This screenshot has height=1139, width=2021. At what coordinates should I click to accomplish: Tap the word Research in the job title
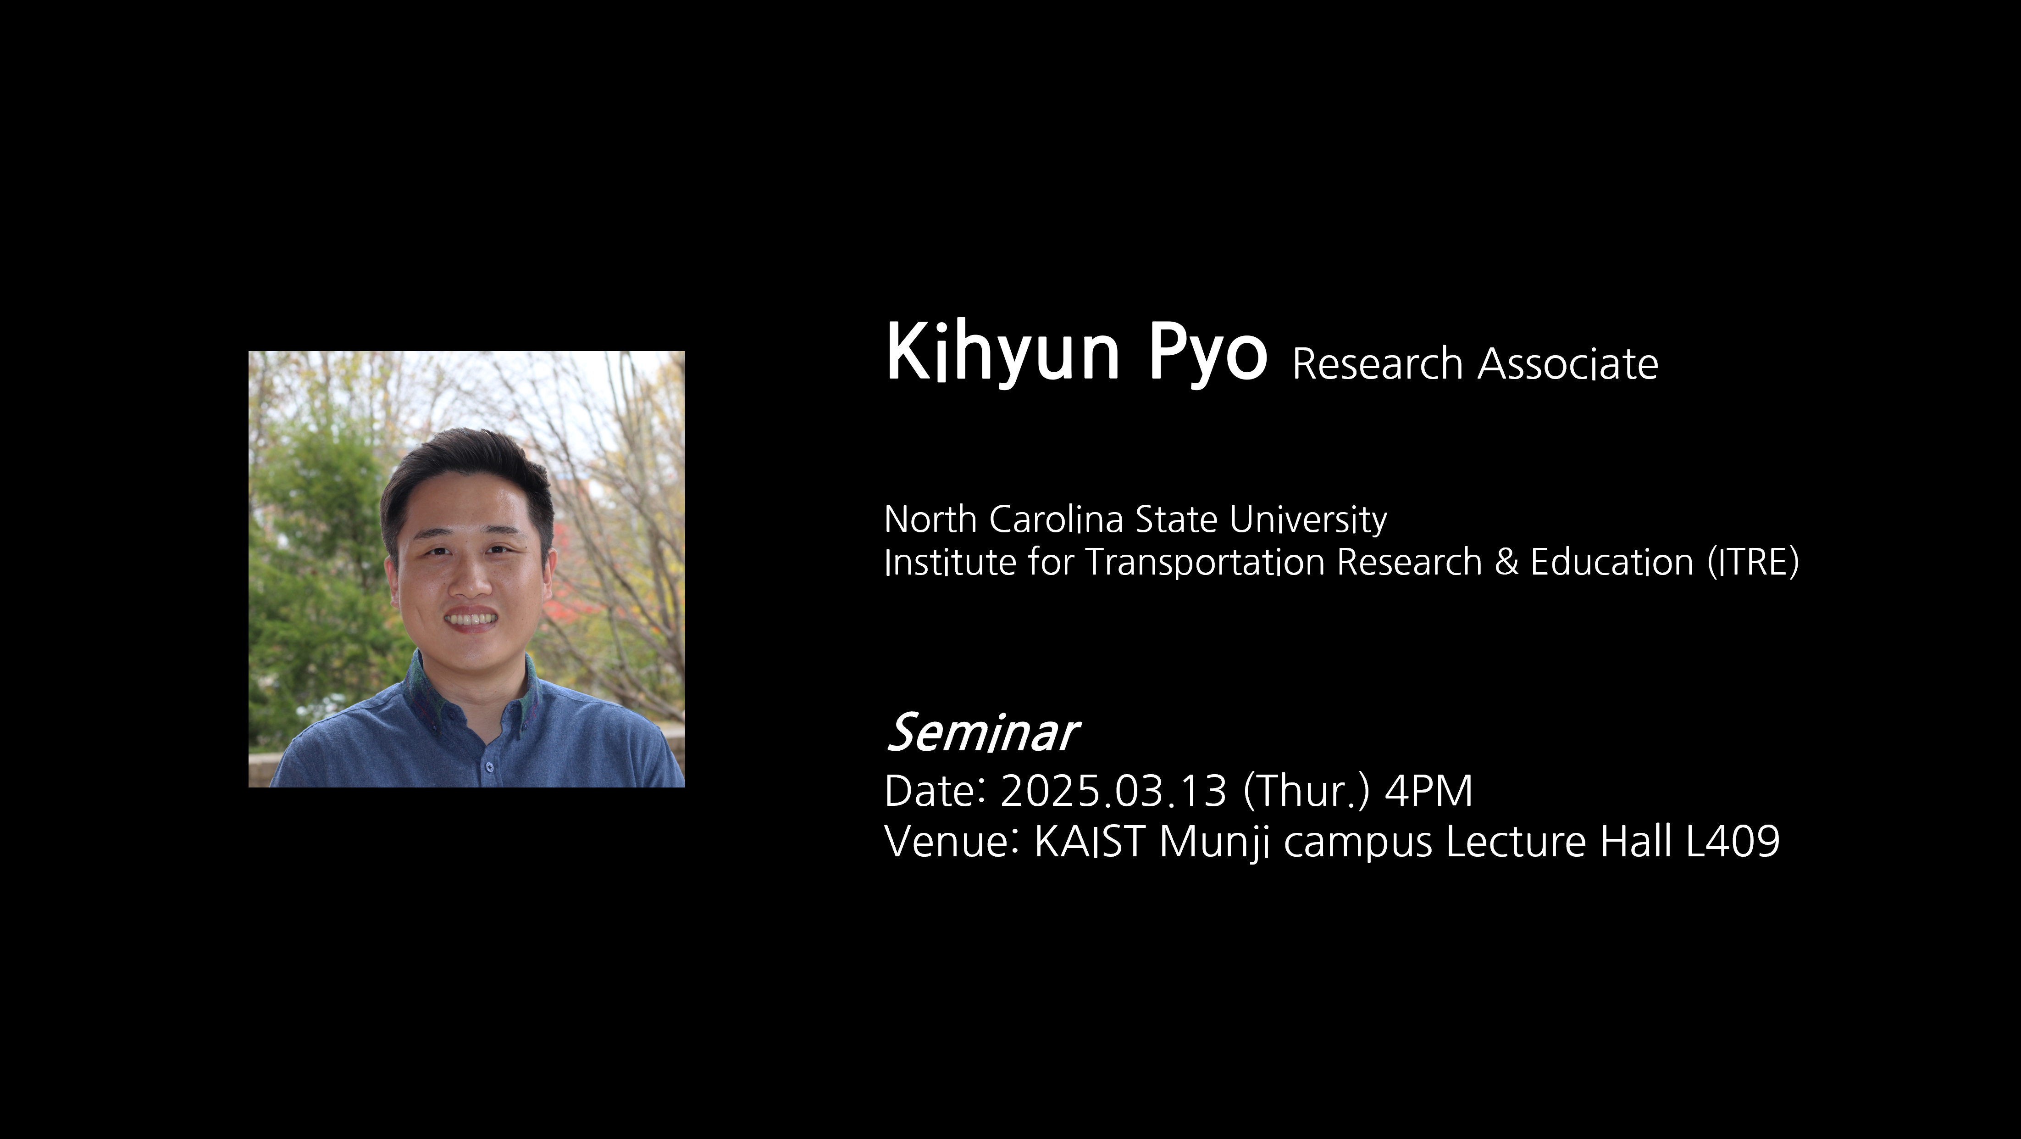[1378, 364]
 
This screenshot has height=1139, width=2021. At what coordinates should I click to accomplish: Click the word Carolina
[1056, 519]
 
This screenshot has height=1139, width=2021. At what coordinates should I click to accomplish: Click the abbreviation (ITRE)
[1754, 563]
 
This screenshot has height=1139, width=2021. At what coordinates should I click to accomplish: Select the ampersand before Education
[1506, 563]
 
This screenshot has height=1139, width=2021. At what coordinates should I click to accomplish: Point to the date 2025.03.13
[1113, 791]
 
